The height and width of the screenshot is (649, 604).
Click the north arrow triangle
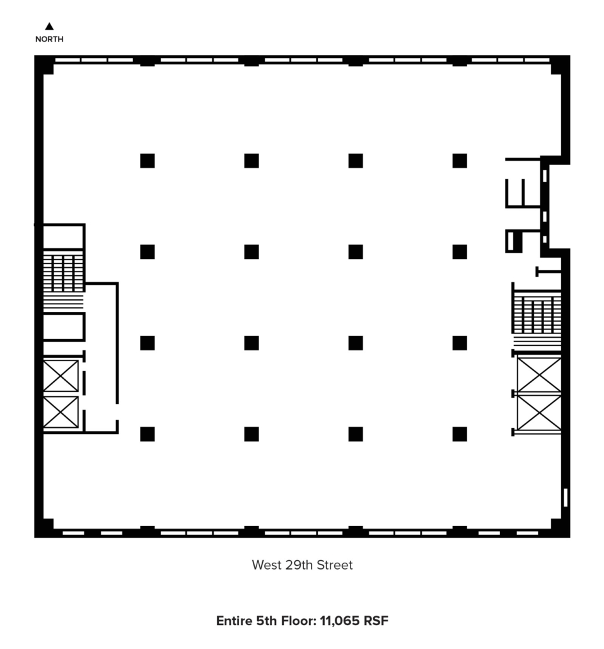pyautogui.click(x=49, y=26)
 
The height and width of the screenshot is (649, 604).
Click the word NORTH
pyautogui.click(x=49, y=39)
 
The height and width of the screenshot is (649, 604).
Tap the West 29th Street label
pyautogui.click(x=302, y=565)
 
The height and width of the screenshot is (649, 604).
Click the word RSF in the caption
pyautogui.click(x=376, y=621)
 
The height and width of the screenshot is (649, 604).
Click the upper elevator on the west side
pyautogui.click(x=61, y=376)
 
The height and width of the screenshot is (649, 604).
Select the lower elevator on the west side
pyautogui.click(x=61, y=412)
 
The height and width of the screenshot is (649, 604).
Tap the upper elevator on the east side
pyautogui.click(x=539, y=374)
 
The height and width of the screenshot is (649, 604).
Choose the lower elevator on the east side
pyautogui.click(x=539, y=413)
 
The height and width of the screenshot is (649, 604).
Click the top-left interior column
pyautogui.click(x=148, y=161)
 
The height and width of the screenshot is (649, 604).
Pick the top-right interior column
pyautogui.click(x=460, y=161)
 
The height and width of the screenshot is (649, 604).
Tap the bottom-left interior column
pyautogui.click(x=148, y=434)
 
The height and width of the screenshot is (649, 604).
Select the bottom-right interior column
pyautogui.click(x=460, y=434)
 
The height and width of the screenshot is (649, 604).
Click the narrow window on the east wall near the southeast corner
pyautogui.click(x=566, y=498)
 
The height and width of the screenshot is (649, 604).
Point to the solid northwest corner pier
pyautogui.click(x=44, y=65)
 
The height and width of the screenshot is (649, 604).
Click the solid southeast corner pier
pyautogui.click(x=560, y=528)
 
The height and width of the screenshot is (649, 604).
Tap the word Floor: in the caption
pyautogui.click(x=299, y=621)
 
